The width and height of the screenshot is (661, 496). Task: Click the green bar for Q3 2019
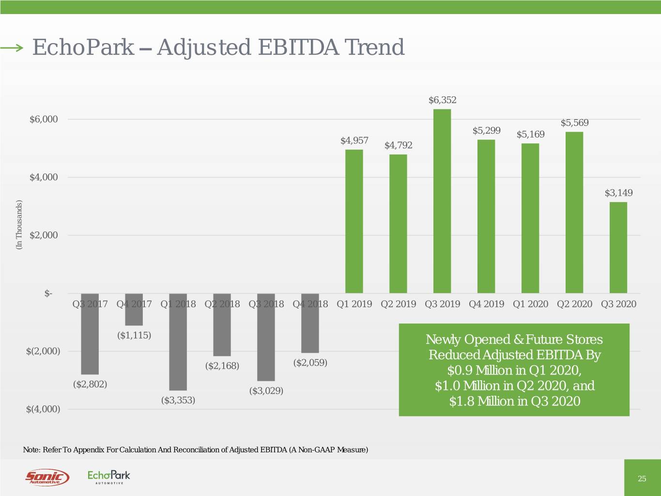pos(442,201)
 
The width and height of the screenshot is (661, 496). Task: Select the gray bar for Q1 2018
pos(178,341)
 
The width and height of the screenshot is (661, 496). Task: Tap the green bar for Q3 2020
pos(618,248)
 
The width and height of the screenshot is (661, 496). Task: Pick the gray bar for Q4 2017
pos(134,310)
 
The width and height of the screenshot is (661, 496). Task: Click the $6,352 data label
pos(442,100)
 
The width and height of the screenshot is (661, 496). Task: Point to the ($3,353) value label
pos(178,400)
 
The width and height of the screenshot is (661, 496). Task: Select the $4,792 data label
pos(398,145)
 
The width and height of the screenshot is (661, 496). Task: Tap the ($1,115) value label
pos(134,335)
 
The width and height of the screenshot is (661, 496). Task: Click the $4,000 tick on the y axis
pos(44,177)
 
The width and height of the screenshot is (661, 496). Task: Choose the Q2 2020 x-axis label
pos(574,304)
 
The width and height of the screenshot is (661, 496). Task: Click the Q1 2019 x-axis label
pos(354,304)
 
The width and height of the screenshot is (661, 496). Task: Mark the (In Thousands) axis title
pos(19,225)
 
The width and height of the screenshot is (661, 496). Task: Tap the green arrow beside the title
pos(12,47)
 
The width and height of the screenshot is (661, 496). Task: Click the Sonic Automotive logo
pos(47,478)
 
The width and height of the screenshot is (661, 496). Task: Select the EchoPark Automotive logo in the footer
pos(109,477)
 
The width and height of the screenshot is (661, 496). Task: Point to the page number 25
pos(642,479)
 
